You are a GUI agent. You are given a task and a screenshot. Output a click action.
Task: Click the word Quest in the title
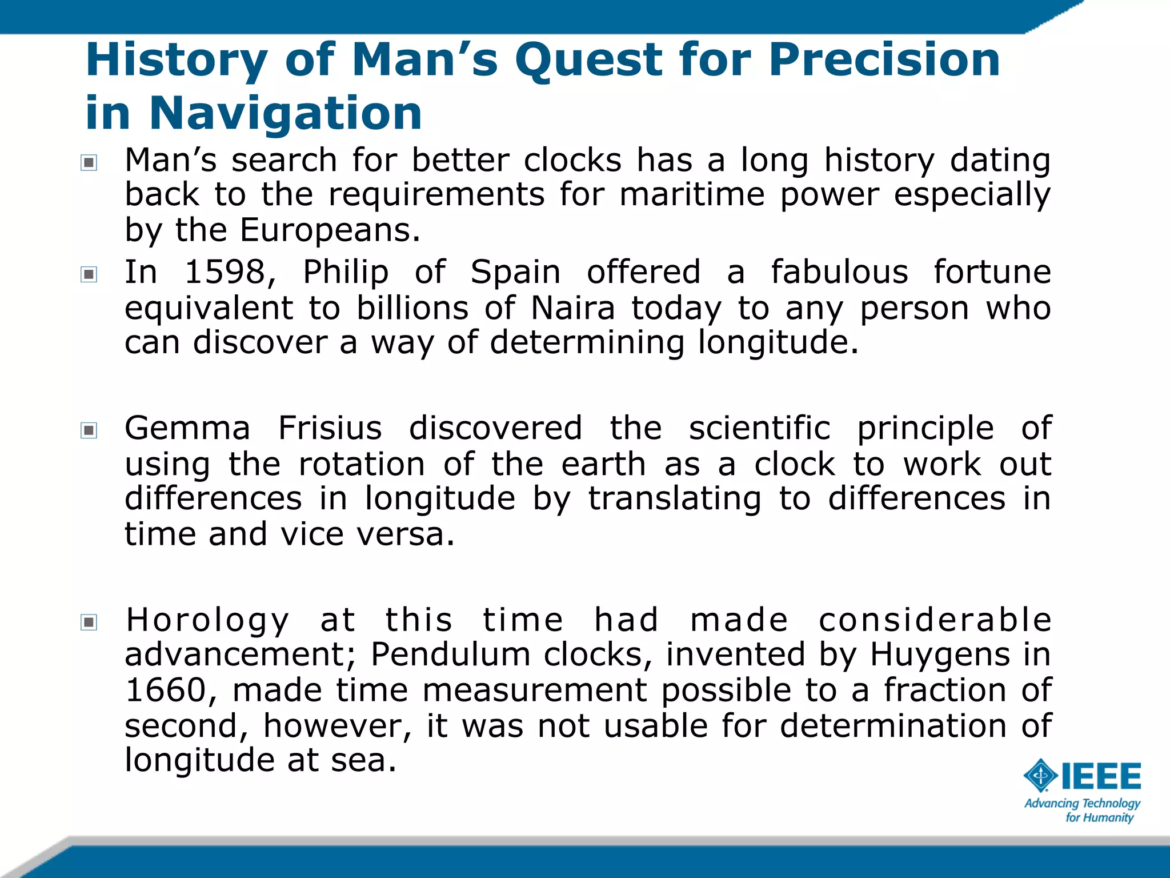pos(588,61)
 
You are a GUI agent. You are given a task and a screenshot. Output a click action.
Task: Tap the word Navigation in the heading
pos(285,113)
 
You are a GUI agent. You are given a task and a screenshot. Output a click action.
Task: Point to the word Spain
pos(515,272)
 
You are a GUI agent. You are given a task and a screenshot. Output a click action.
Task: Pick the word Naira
pos(572,309)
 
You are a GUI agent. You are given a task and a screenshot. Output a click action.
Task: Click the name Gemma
pos(187,429)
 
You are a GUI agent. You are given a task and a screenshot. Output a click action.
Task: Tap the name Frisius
pos(330,429)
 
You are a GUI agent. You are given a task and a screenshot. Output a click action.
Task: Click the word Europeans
pos(330,230)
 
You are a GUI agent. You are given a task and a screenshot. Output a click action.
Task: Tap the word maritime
pos(692,195)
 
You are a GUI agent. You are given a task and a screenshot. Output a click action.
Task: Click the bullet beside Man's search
pos(89,163)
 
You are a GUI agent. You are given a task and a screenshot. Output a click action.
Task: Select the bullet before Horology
pos(89,622)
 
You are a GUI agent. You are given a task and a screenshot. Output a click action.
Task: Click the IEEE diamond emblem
pos(1041,776)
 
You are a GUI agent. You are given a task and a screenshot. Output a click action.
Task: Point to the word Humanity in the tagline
pos(1107,818)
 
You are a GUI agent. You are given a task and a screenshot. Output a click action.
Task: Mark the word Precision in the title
pos(884,61)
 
